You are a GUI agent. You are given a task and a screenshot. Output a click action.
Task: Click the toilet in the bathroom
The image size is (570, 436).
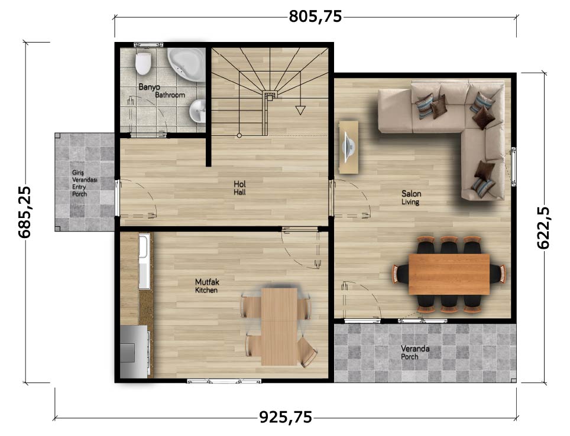point(143,64)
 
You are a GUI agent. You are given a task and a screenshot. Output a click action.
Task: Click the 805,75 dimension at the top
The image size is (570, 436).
point(315,17)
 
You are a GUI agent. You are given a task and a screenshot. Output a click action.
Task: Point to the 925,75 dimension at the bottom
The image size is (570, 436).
point(286,417)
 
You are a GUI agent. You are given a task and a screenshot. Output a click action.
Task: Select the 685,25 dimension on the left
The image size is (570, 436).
point(25,212)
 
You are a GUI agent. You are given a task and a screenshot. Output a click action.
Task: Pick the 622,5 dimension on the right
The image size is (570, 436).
point(543,227)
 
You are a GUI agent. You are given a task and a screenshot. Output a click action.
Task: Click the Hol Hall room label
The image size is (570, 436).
point(239,188)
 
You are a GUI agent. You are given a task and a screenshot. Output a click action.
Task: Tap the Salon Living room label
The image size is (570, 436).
point(411,197)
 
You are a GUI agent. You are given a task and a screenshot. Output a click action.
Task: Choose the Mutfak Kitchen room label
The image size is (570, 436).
point(207,285)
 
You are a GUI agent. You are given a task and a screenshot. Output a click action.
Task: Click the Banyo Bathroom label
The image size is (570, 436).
point(162,91)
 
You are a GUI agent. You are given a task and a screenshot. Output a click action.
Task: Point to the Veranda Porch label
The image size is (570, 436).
point(415,353)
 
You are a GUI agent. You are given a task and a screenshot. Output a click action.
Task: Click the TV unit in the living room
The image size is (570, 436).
point(349,147)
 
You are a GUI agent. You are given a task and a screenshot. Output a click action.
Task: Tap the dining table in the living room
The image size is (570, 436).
point(449,274)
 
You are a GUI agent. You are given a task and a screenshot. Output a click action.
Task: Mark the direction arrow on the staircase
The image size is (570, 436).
point(300,110)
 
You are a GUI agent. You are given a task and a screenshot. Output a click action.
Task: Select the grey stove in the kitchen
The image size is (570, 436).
point(134,352)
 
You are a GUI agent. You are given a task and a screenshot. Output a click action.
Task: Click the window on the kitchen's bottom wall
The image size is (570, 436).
point(224,381)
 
